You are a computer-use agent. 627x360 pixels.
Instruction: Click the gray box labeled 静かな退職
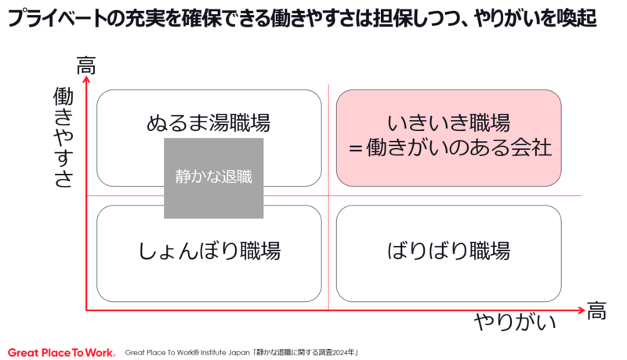click(213, 178)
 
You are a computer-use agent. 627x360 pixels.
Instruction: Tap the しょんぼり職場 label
click(209, 251)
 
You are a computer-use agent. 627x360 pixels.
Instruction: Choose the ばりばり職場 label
click(448, 251)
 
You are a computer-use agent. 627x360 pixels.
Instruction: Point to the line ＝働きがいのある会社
click(448, 147)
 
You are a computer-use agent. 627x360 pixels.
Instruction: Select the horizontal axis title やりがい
click(516, 323)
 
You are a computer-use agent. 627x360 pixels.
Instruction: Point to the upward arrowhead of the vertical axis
click(86, 82)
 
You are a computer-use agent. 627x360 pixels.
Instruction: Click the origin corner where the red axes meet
click(87, 311)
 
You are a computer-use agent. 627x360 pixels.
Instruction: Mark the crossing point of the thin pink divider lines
click(328, 195)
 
